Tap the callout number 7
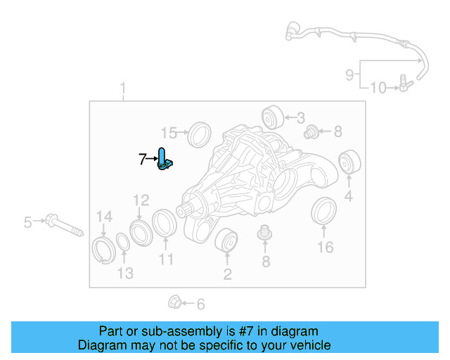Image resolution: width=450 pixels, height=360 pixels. coord(142,160)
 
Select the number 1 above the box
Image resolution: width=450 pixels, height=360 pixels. coord(123,89)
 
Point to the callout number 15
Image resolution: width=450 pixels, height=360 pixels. coord(169,132)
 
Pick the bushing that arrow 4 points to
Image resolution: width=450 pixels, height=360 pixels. coord(348,162)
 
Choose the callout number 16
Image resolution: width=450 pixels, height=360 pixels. coord(324,247)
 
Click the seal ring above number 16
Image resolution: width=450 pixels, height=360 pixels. coord(323,212)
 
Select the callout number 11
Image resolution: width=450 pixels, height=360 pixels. coord(166,259)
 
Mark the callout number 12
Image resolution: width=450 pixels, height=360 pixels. coord(141,200)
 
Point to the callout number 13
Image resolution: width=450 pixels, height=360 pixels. coord(124,273)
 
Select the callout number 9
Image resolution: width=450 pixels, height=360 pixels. coord(349,73)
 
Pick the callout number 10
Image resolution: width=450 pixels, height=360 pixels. coord(378,88)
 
